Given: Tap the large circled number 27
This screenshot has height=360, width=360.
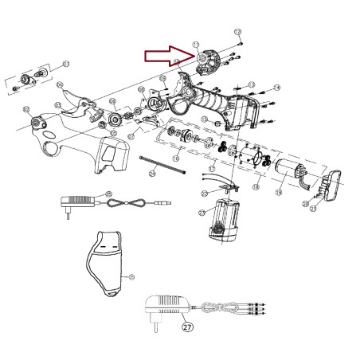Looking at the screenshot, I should click(187, 326).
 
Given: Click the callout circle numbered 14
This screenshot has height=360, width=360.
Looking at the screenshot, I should click(277, 87).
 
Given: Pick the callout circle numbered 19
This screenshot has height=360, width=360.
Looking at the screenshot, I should click(279, 192).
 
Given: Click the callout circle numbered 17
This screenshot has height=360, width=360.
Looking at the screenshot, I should click(212, 169).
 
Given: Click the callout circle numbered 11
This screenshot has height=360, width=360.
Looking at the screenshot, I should click(196, 45).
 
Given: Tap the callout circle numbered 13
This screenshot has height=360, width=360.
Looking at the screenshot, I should click(251, 84).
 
